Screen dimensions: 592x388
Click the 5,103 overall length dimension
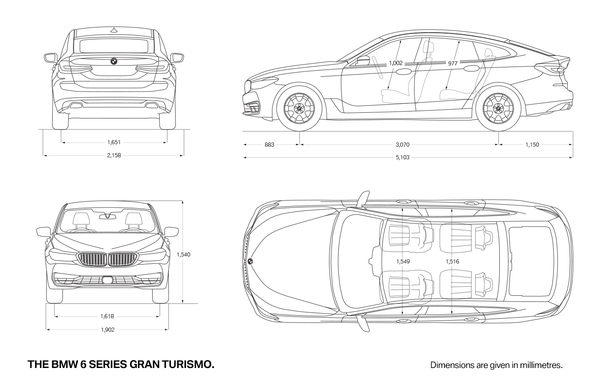[402, 158]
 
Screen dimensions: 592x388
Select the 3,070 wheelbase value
[402, 145]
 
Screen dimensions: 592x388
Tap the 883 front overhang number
[269, 145]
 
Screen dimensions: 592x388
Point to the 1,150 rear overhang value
[532, 145]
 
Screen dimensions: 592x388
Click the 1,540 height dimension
[183, 254]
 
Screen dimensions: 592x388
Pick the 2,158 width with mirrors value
[114, 156]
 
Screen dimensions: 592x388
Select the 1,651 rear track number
[114, 143]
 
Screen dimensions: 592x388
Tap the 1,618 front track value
[107, 316]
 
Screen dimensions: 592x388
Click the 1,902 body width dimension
[107, 330]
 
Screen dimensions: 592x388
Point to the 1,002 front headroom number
[396, 63]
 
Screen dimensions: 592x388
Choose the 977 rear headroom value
[453, 63]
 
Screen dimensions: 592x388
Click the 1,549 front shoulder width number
[403, 262]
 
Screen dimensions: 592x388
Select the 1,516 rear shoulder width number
[452, 262]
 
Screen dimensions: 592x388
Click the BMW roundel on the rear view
[114, 61]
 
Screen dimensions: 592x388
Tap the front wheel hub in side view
[299, 108]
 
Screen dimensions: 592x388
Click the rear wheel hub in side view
[498, 108]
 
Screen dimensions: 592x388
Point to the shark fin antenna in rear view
[114, 30]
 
